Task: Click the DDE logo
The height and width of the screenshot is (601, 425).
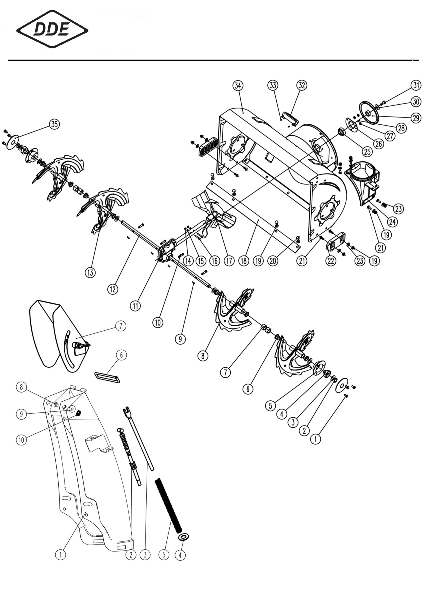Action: click(x=52, y=29)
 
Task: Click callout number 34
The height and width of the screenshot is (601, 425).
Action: click(x=238, y=86)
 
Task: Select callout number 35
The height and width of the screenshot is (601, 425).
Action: click(x=54, y=124)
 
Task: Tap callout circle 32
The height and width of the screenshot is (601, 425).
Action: click(x=302, y=85)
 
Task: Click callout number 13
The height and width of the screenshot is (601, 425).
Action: click(x=90, y=272)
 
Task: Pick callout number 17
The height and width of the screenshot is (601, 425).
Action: click(x=229, y=261)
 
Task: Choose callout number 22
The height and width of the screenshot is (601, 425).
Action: click(x=331, y=261)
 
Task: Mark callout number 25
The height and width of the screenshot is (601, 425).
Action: click(x=367, y=151)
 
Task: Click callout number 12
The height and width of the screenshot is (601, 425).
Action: click(x=113, y=289)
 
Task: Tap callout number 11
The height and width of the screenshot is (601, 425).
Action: click(x=135, y=306)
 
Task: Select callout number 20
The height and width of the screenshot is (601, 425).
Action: click(x=273, y=261)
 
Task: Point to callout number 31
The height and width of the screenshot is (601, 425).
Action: click(x=416, y=85)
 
